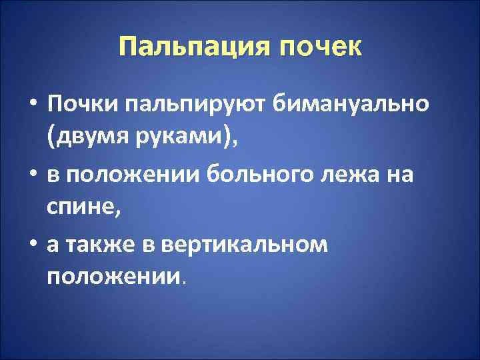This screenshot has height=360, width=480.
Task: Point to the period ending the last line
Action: pyautogui.click(x=184, y=282)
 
